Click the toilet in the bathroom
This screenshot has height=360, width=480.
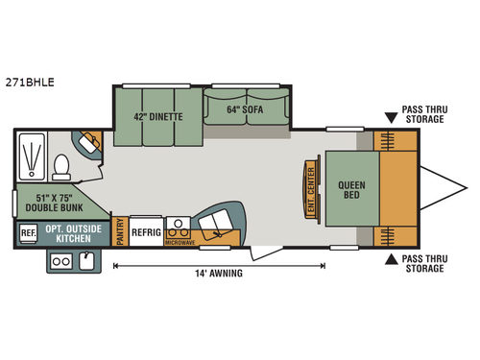pos(60,167)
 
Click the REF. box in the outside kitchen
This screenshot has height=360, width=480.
pos(27,231)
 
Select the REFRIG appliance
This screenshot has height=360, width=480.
pos(147,231)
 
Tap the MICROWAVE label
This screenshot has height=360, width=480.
pos(178,241)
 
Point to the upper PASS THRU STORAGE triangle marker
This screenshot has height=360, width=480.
pos(390,118)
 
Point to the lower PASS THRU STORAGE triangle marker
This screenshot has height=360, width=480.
pos(390,259)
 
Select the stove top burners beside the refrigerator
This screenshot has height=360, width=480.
pos(178,227)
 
